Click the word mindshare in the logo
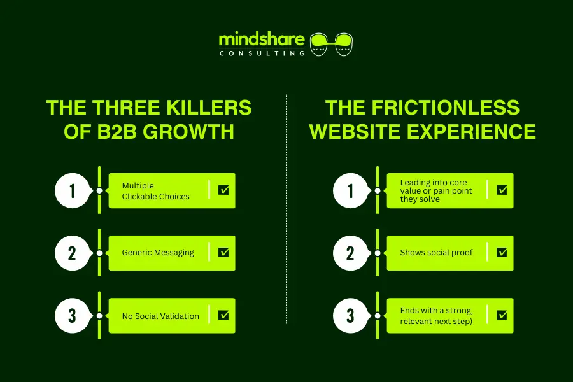262,40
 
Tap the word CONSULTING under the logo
262,53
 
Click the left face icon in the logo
320,43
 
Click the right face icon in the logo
344,43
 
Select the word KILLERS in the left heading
213,107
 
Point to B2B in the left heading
109,131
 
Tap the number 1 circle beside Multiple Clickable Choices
72,190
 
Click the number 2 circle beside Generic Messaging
72,253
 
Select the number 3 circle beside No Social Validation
72,315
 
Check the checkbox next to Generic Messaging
223,253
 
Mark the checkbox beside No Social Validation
223,315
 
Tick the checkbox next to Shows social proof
502,253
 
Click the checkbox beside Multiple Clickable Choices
223,190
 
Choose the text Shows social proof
436,253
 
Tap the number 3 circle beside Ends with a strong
350,315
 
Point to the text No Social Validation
160,316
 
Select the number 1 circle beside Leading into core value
350,190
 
